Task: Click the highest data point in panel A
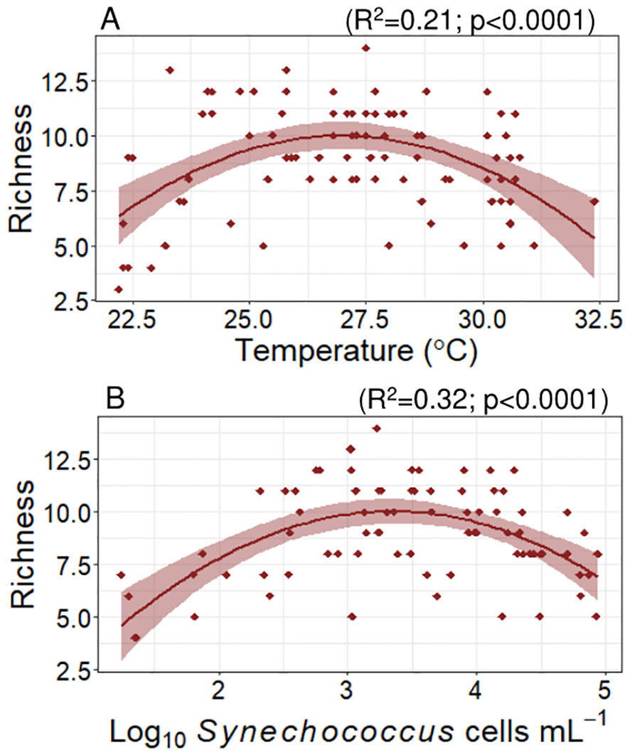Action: point(365,48)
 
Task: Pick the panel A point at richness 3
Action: point(119,289)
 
